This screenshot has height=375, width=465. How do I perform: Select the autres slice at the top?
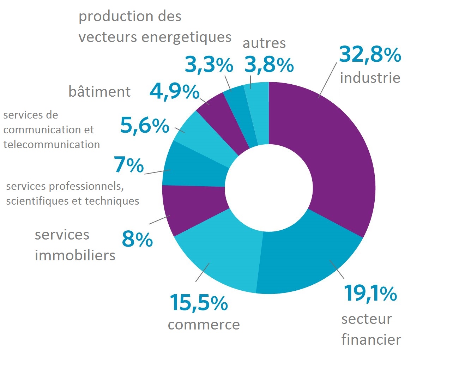click(x=259, y=109)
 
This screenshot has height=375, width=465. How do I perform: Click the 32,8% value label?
click(x=370, y=55)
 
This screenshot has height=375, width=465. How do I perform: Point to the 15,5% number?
click(x=199, y=303)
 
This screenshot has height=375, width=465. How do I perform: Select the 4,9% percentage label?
click(x=174, y=92)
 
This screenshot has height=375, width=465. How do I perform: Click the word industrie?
click(x=370, y=78)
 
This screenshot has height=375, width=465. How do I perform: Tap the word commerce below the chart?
click(x=204, y=325)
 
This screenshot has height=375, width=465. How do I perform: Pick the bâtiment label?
click(x=99, y=91)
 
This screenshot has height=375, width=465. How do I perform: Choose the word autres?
click(x=264, y=43)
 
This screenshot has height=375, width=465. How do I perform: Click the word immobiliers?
click(x=75, y=255)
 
